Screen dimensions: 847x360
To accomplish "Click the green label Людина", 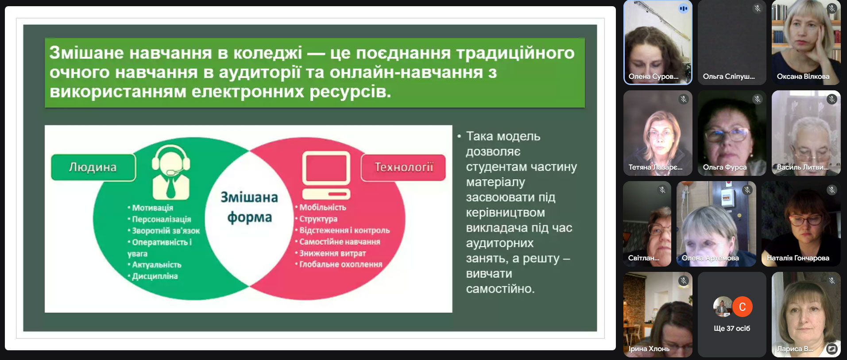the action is point(93,167).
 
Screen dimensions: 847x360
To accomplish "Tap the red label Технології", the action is point(403,167).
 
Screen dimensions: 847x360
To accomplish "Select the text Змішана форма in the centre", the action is point(249,207).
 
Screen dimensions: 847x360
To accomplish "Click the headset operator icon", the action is point(171,172).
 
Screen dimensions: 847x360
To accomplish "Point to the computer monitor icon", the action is point(326,175).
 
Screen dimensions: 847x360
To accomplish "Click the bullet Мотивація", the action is point(151,208).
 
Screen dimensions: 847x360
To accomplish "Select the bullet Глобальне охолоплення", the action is point(339,264).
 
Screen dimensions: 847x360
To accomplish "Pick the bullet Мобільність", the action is point(321,207).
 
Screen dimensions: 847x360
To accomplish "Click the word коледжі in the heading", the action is point(267,53).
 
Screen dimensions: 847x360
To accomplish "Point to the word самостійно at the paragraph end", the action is point(500,289).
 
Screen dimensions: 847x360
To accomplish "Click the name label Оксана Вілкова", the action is point(803,77).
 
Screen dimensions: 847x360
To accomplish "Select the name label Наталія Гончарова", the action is point(798,258).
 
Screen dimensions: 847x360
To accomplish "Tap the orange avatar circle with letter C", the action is point(743,306).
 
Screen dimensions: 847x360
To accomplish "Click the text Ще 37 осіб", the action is point(732,329).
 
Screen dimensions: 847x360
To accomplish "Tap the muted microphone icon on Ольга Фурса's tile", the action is point(758,99).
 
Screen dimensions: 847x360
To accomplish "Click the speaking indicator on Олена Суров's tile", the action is point(684,8).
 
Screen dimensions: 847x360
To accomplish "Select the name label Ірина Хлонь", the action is point(649,349).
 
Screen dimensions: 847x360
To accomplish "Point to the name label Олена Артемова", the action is point(710,258).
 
